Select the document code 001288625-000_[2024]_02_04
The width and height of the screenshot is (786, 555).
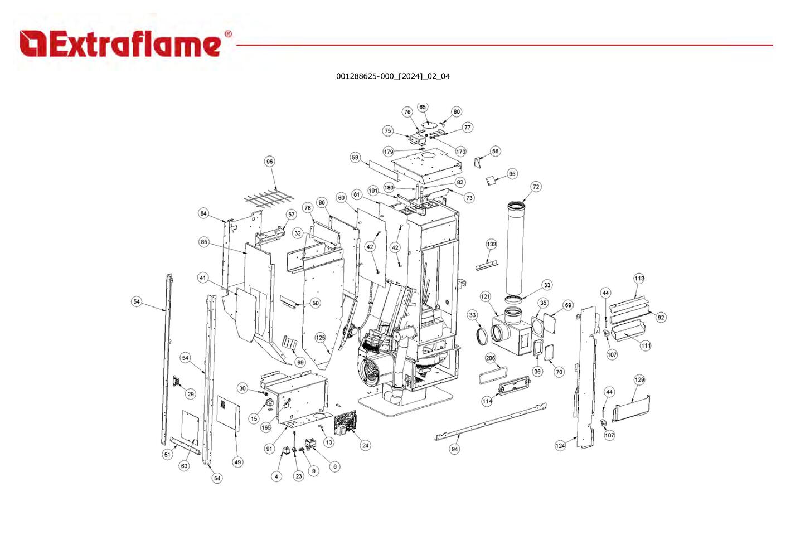392,76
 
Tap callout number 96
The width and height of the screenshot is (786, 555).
270,162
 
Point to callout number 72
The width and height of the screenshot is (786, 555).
536,187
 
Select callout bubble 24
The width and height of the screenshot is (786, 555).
365,445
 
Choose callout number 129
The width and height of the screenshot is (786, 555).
639,379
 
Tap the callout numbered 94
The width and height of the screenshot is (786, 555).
455,449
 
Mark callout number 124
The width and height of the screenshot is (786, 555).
560,445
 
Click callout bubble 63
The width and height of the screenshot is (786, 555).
184,466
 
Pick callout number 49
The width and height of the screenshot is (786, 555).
238,462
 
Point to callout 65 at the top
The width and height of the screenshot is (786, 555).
423,107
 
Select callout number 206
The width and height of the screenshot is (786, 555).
491,358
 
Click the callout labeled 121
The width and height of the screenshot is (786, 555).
486,296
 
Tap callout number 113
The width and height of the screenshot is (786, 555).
639,278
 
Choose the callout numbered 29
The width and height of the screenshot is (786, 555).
191,394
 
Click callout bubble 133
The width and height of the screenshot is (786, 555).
491,244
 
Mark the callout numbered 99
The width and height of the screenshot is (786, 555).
300,362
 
